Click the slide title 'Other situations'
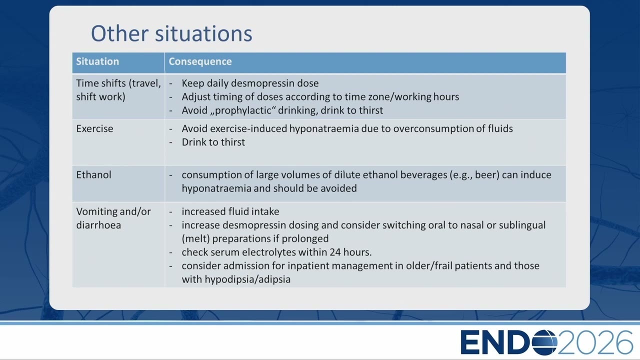tap(171, 33)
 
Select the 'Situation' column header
tap(97, 61)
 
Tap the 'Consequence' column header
tap(200, 61)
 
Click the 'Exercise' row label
tap(94, 128)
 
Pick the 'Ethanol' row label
tap(93, 174)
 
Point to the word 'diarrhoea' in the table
tap(98, 225)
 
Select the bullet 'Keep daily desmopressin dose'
tap(250, 83)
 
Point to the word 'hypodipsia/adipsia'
tap(247, 279)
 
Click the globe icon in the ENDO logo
tap(544, 342)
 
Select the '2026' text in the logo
tap(595, 342)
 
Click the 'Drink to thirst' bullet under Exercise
tap(213, 142)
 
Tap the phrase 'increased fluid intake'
tap(230, 211)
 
